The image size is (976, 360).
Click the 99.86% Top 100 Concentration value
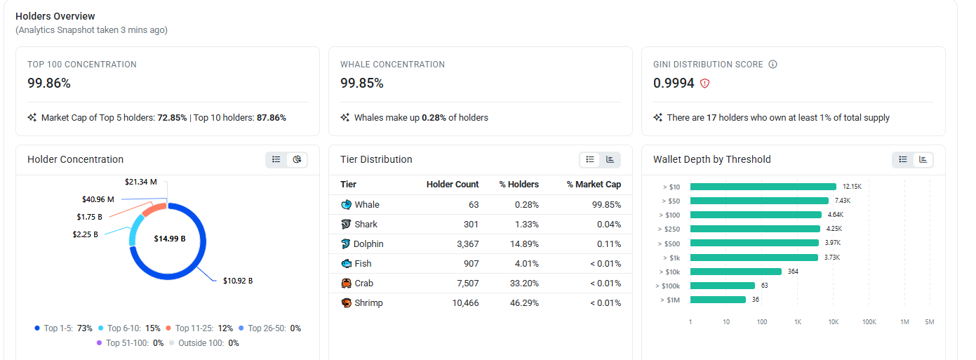(x=49, y=83)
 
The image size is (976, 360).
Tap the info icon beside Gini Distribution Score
(x=773, y=65)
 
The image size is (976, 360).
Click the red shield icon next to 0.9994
(x=704, y=84)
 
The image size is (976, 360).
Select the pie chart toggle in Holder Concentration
(x=298, y=159)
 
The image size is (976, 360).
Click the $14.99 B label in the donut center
(x=170, y=239)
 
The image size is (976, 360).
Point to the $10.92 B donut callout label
(x=238, y=281)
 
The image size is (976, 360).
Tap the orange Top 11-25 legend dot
(x=168, y=328)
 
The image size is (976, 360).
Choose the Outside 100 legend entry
(x=204, y=343)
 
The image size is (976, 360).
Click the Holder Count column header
(x=453, y=185)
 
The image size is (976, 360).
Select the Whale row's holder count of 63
(x=474, y=205)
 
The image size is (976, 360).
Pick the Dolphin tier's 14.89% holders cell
(x=524, y=244)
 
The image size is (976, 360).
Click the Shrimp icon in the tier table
(x=347, y=303)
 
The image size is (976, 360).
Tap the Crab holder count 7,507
(x=467, y=284)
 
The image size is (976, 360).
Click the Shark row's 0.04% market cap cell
(x=609, y=225)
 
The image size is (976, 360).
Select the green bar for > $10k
(x=736, y=272)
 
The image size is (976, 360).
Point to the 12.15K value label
(x=852, y=187)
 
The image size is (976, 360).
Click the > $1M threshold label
(x=670, y=300)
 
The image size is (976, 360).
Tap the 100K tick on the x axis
(x=869, y=321)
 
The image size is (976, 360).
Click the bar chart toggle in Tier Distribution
(x=610, y=159)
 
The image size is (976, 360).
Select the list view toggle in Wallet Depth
(x=903, y=159)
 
